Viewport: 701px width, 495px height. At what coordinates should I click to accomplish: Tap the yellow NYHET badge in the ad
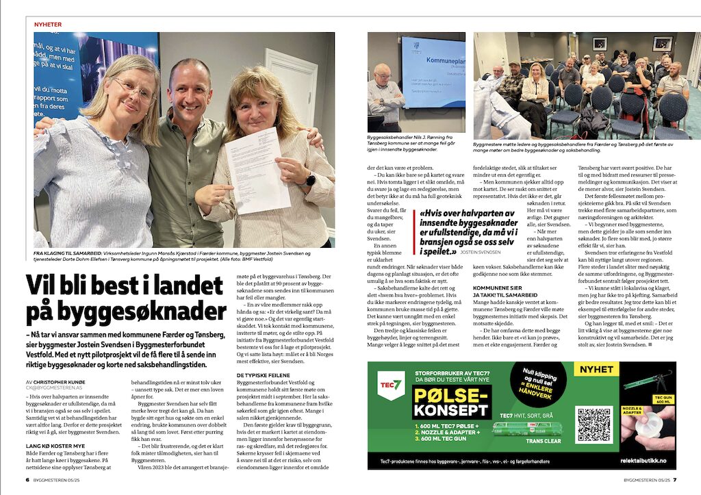point(596,370)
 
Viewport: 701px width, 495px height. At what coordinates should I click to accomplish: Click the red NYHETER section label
point(48,25)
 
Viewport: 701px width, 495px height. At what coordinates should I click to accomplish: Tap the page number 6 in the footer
point(27,479)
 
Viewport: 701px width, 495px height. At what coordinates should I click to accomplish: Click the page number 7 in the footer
point(674,479)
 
